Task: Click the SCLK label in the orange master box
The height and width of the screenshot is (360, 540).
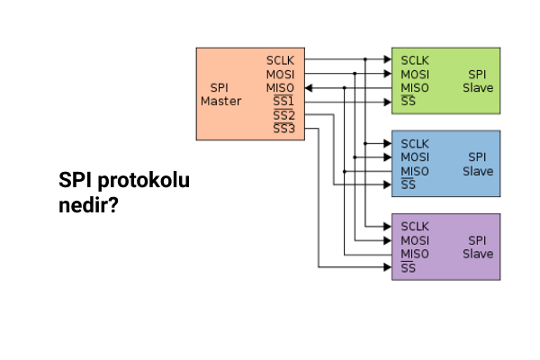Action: [x=280, y=59]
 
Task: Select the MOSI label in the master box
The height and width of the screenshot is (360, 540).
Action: [x=280, y=74]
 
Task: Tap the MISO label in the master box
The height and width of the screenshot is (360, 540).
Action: [x=280, y=87]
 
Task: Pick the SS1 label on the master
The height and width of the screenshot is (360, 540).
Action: [x=283, y=102]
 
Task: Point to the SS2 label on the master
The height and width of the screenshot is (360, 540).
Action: [x=283, y=116]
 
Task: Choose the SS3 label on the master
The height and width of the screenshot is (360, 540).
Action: [x=283, y=130]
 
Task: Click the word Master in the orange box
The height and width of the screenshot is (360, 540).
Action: [x=220, y=101]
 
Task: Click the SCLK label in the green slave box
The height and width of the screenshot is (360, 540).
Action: [x=415, y=59]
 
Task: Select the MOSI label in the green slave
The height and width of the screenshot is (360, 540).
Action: [x=415, y=74]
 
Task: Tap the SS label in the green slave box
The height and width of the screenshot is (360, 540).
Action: [x=408, y=102]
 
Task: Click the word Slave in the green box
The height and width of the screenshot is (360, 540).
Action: [x=478, y=87]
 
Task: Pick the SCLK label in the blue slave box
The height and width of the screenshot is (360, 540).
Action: [x=415, y=143]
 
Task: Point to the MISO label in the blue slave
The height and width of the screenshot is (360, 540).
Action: [x=415, y=171]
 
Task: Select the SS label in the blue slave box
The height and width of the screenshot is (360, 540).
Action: [x=408, y=185]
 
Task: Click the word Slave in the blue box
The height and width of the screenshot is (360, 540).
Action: [x=478, y=171]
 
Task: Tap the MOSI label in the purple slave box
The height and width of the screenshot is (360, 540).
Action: [x=415, y=240]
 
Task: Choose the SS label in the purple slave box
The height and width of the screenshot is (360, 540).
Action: [x=408, y=268]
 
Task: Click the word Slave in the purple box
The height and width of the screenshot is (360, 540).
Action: [x=478, y=254]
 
